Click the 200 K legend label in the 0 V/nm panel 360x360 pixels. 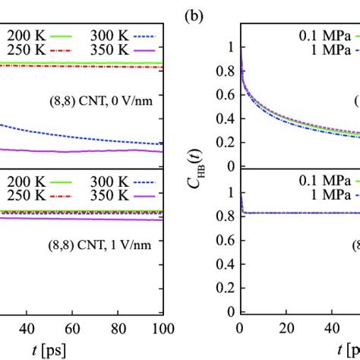tap(22, 34)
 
